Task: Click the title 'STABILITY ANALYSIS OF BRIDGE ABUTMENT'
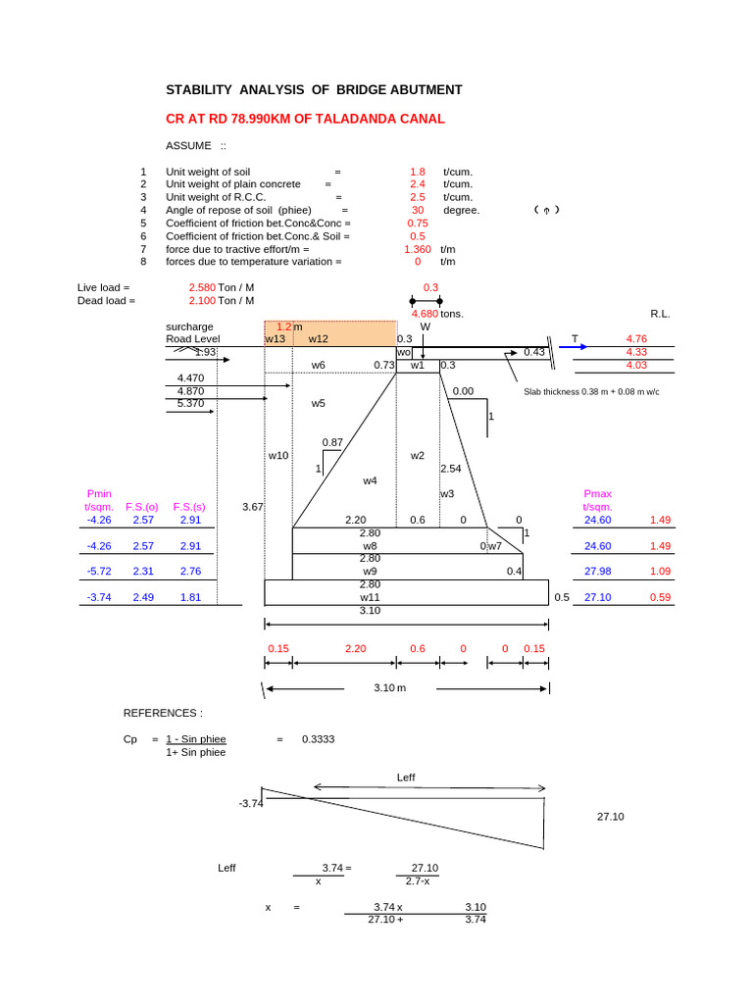click(x=314, y=90)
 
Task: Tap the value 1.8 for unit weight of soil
click(x=418, y=172)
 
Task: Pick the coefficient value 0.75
click(x=418, y=224)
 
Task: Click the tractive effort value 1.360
click(x=418, y=249)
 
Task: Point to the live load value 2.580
click(x=202, y=287)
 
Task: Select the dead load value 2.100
click(x=202, y=301)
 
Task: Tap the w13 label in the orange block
click(x=276, y=339)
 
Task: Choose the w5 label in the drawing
click(x=318, y=403)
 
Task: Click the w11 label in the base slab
click(x=370, y=597)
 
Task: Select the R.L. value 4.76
click(x=636, y=339)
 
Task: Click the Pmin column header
click(x=100, y=494)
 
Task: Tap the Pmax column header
click(x=597, y=494)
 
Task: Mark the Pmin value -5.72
click(x=100, y=572)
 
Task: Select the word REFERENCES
click(x=162, y=713)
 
